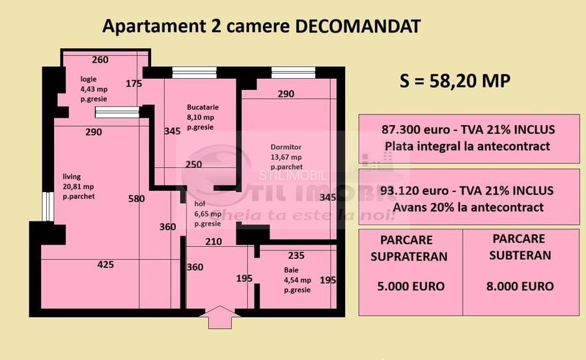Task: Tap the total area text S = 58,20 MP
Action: (455, 81)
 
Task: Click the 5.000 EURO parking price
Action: (408, 286)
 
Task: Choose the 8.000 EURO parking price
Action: (520, 286)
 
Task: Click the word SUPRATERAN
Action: (409, 256)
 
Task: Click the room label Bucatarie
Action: (202, 107)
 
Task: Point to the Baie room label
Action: (291, 270)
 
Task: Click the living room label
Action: (72, 176)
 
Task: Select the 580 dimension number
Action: (136, 199)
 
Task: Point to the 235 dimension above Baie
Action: (296, 255)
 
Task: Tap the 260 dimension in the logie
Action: (100, 60)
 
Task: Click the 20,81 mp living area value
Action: (79, 186)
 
